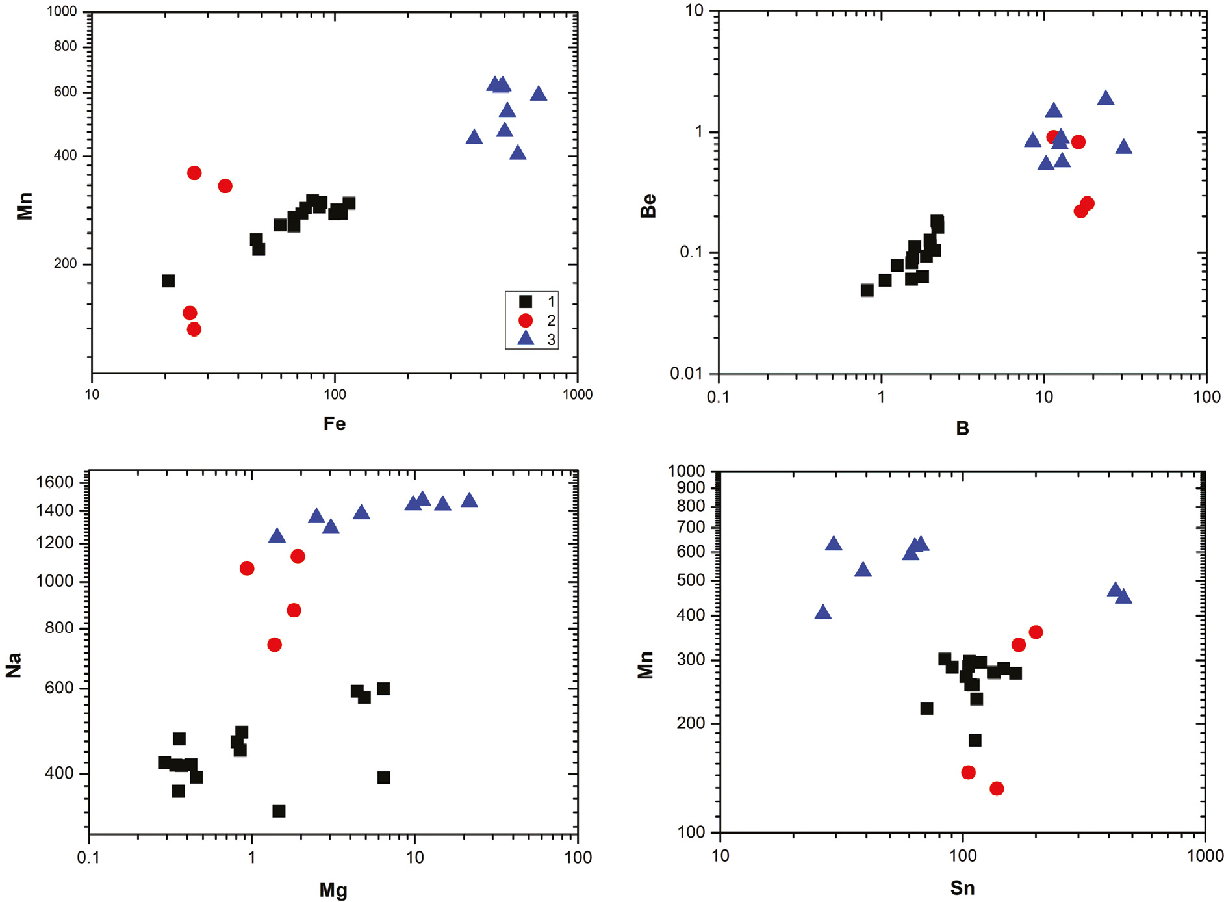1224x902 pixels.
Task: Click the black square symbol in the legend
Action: (x=526, y=302)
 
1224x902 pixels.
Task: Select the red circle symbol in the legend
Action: (x=526, y=320)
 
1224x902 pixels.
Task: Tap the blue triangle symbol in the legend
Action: (x=526, y=339)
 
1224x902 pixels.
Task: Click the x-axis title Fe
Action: (x=335, y=424)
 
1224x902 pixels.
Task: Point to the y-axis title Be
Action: (x=648, y=205)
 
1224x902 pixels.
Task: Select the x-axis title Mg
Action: (x=333, y=890)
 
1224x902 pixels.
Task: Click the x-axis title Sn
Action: (x=962, y=888)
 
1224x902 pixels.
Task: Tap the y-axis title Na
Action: (x=14, y=665)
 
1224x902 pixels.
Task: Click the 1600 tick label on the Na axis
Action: (x=55, y=482)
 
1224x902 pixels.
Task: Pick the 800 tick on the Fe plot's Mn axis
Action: (x=66, y=46)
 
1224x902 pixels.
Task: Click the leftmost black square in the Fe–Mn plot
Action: (x=168, y=281)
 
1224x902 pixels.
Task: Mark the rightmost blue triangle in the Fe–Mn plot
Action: (x=539, y=94)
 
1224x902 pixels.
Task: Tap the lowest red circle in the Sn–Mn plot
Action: (x=997, y=789)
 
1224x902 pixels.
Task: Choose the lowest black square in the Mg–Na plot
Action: (x=279, y=811)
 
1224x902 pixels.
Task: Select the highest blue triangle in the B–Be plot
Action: (x=1106, y=99)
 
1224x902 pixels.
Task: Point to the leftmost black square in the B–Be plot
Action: (x=867, y=290)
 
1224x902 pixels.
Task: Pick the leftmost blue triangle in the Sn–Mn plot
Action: (x=822, y=612)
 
